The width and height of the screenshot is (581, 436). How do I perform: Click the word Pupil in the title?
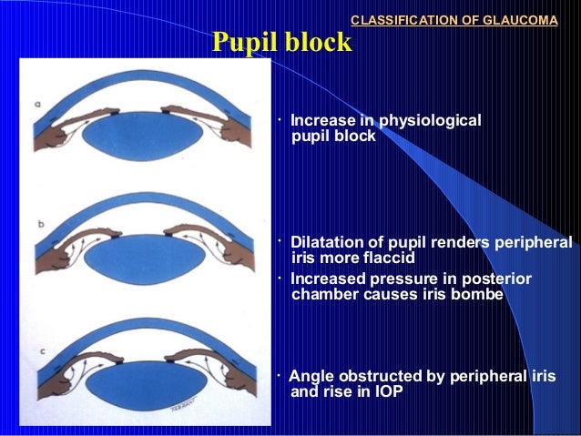point(243,43)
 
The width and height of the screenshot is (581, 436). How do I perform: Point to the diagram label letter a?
point(37,105)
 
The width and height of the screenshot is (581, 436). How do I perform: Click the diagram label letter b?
point(41,221)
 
